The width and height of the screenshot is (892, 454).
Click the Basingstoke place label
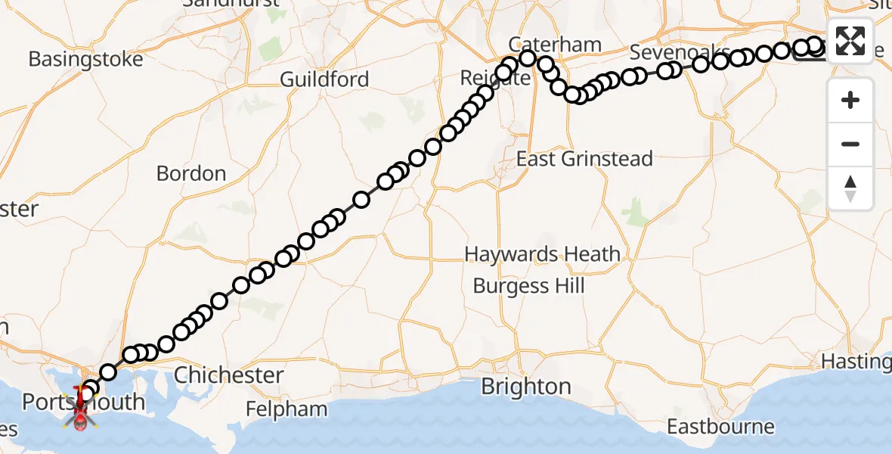[x=85, y=60]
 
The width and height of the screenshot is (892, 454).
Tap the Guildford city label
[x=324, y=79]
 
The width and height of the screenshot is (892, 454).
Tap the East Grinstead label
[x=584, y=159]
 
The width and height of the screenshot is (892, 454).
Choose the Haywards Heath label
[x=542, y=254]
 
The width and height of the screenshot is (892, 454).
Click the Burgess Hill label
[x=528, y=286]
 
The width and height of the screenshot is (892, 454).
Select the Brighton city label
[x=526, y=387]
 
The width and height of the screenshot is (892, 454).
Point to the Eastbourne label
[x=720, y=427]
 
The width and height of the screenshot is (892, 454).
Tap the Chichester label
[x=229, y=375]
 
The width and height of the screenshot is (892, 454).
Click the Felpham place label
[x=286, y=409]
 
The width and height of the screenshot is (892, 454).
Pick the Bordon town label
[x=191, y=173]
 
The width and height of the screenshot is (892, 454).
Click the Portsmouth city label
[x=83, y=402]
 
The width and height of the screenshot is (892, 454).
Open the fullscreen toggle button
[x=850, y=40]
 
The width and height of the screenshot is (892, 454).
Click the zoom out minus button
[x=850, y=145]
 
